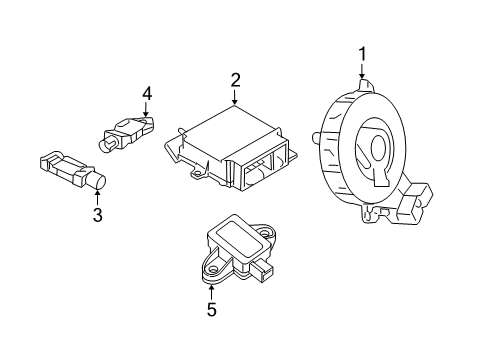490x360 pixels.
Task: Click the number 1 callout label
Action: click(363, 53)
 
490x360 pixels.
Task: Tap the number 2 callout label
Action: click(235, 81)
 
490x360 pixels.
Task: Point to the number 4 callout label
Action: click(147, 93)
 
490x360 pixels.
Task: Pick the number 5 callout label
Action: click(211, 310)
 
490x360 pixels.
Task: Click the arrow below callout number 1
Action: click(363, 70)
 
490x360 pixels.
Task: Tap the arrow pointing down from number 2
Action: click(235, 98)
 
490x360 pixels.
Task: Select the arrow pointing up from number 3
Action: click(97, 197)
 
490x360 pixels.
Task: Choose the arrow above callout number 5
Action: click(211, 292)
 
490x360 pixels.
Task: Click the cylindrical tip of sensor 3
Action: click(98, 182)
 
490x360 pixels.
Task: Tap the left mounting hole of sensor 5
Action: click(211, 268)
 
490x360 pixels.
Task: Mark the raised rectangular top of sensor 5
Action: click(236, 238)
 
